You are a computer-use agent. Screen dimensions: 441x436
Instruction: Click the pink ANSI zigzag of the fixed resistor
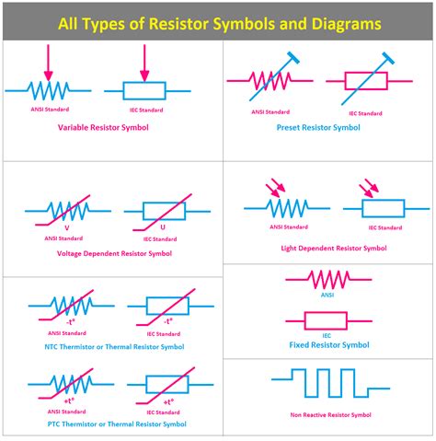[316, 278]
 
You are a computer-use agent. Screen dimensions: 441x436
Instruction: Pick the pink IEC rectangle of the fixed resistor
[316, 319]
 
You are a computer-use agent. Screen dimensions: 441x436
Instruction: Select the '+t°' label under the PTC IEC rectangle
[168, 402]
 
